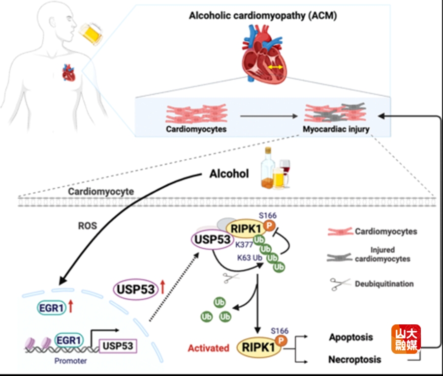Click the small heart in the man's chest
point(68,74)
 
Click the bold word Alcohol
point(228,174)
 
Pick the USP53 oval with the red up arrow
point(134,289)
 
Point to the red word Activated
point(208,348)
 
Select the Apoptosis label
point(350,338)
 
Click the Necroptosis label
point(354,360)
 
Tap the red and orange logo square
point(405,339)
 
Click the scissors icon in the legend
point(338,284)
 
